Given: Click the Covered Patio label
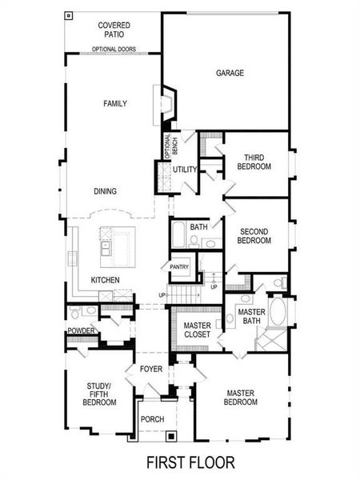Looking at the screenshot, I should [x=114, y=30].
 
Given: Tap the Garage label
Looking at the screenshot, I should [x=230, y=73].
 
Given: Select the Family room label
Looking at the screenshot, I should [x=115, y=103].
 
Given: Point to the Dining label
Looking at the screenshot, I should [x=105, y=191].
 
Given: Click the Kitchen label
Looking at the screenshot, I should [x=105, y=279].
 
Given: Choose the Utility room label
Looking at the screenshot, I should [x=185, y=170].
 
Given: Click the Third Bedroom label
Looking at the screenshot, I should [x=254, y=162].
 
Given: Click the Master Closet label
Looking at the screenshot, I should [x=197, y=330].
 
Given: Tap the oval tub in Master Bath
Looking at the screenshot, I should [x=278, y=310].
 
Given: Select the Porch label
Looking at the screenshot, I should [x=151, y=418].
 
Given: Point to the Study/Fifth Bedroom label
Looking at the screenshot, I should [x=100, y=393].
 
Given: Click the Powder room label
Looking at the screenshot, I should [x=82, y=330].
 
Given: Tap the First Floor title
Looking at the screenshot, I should [x=190, y=462].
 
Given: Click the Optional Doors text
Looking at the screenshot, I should [x=114, y=50].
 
